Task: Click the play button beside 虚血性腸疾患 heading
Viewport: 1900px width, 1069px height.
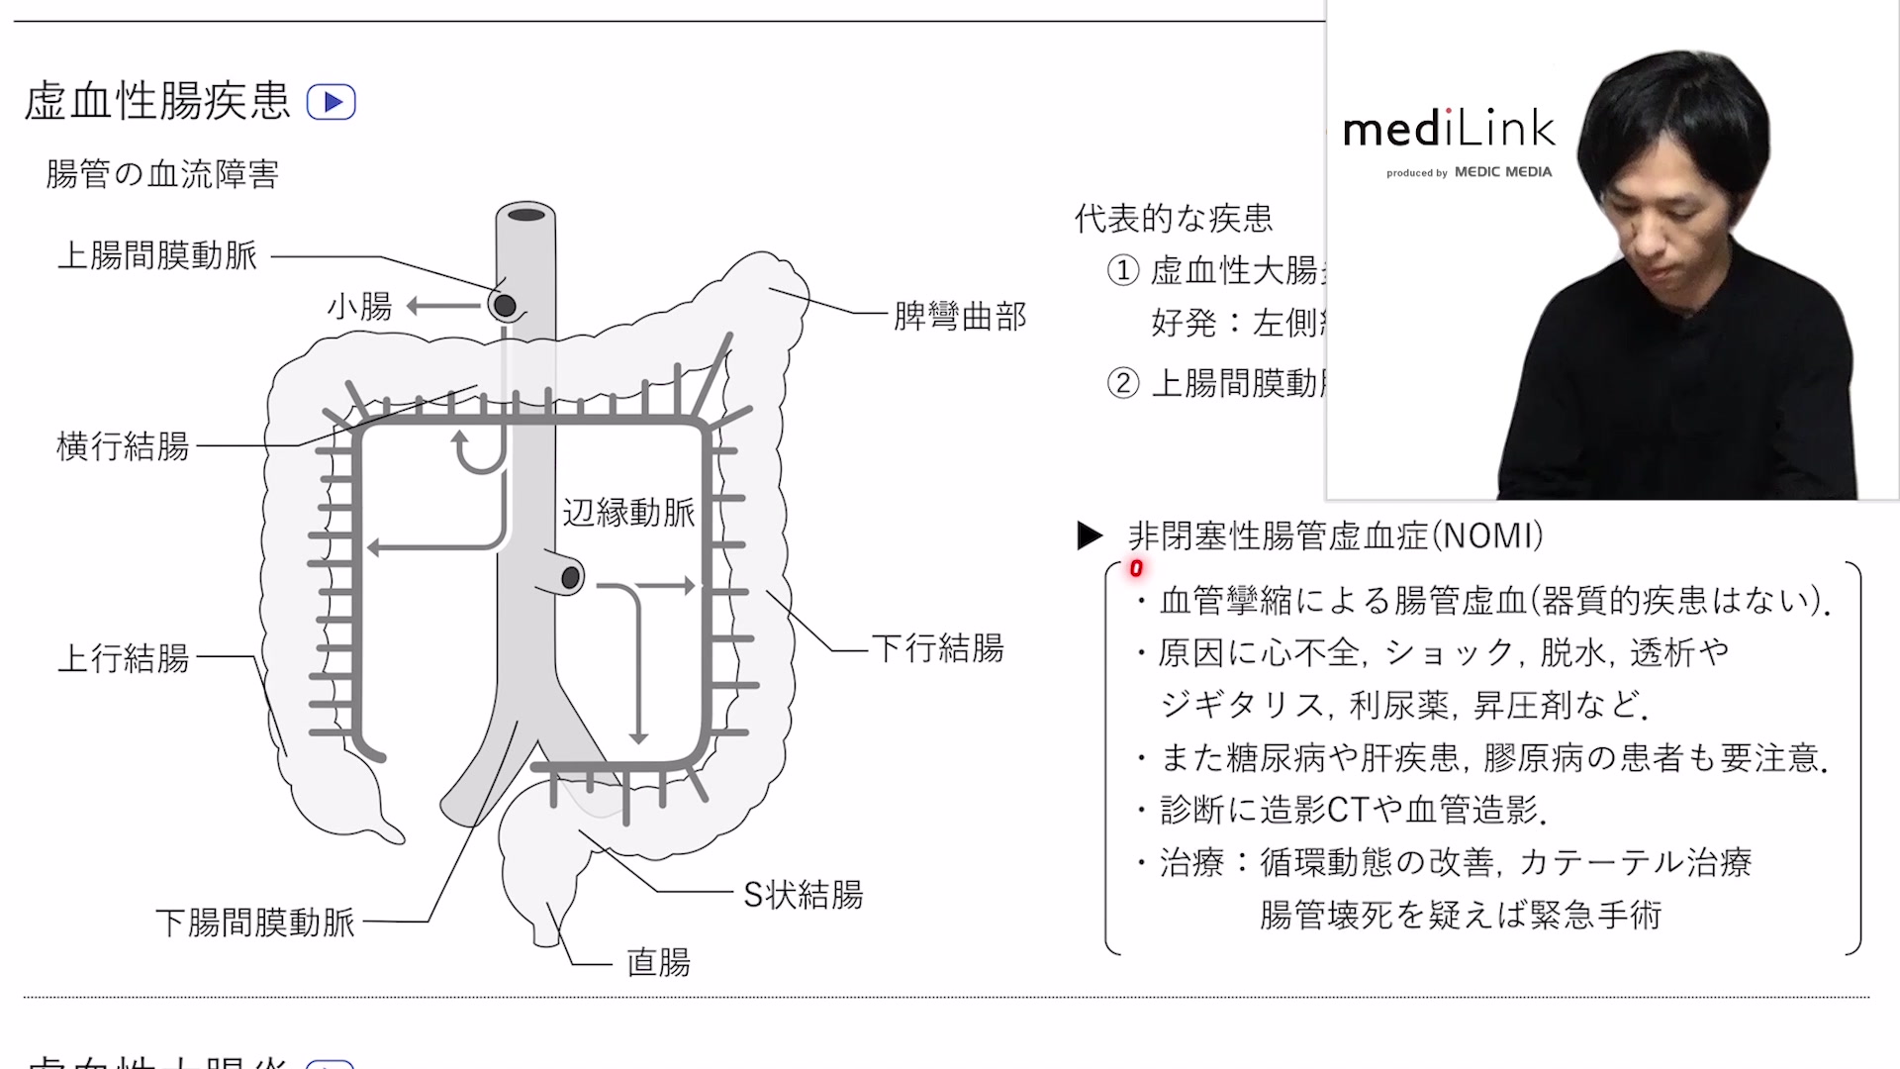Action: pos(332,102)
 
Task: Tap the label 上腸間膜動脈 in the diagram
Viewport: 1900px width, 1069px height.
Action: pos(157,256)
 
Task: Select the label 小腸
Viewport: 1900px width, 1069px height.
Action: pos(359,307)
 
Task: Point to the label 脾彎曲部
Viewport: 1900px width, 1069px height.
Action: pos(959,317)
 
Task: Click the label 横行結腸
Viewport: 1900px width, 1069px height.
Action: pos(123,446)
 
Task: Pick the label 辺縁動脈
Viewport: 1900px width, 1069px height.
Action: pos(628,513)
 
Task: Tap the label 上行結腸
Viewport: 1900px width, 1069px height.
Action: pos(123,658)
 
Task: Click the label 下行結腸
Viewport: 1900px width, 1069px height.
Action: pos(937,648)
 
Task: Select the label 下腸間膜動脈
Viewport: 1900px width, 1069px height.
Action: pos(254,923)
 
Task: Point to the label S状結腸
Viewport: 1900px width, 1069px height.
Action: pos(803,895)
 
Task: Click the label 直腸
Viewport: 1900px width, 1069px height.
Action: pos(658,962)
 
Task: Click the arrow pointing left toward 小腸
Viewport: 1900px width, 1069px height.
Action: pos(444,306)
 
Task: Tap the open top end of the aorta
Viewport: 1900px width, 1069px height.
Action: pos(526,215)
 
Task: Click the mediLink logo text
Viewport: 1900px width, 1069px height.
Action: pos(1449,130)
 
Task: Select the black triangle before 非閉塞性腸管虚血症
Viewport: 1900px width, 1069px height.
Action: pos(1090,536)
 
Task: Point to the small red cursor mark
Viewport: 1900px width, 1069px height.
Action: pos(1136,568)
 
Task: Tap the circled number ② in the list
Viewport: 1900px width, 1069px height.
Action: pos(1122,383)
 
